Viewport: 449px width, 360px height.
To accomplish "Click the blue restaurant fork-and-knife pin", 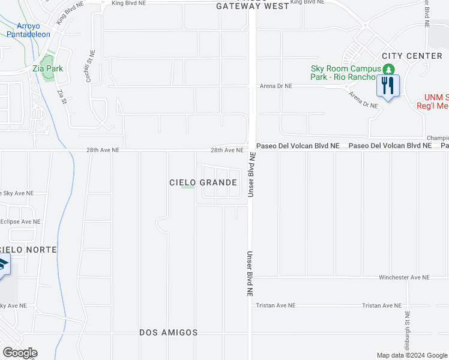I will (x=387, y=86).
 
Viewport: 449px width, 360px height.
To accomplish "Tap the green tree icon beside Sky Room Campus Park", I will (x=389, y=68).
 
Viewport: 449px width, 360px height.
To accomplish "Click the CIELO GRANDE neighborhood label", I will (x=203, y=182).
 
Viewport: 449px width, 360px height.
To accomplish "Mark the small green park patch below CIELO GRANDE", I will (x=188, y=187).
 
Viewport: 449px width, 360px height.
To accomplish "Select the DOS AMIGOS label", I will (x=168, y=332).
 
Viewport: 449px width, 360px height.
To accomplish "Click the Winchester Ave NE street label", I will (x=404, y=278).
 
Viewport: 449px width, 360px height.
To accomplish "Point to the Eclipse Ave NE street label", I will (x=20, y=221).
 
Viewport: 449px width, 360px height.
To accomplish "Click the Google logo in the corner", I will (x=20, y=353).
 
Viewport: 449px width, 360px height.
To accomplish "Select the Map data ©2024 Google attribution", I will (x=411, y=355).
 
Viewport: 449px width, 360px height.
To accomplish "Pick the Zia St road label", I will (x=61, y=96).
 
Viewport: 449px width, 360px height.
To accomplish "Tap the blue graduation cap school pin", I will (x=3, y=265).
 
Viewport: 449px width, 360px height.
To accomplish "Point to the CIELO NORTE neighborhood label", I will (x=29, y=250).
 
